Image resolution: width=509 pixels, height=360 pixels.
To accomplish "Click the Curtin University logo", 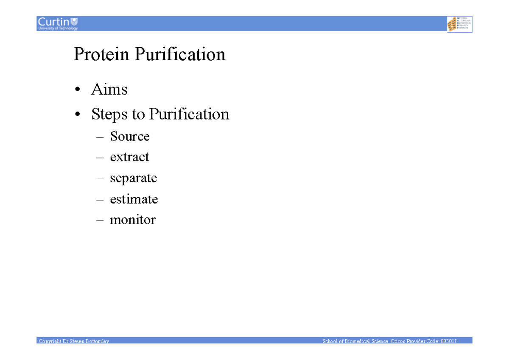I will (58, 23).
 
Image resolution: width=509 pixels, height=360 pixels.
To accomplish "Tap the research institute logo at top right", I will (459, 24).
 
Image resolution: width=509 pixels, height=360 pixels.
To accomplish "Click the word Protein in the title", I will (102, 55).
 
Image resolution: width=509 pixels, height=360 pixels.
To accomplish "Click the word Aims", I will (109, 90).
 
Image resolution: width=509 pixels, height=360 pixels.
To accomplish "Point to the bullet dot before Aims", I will (77, 90).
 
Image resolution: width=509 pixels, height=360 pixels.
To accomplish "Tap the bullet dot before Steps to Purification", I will (77, 115).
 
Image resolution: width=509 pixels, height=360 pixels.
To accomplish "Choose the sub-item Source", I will (130, 136).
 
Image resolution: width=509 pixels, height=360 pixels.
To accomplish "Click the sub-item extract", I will (129, 157).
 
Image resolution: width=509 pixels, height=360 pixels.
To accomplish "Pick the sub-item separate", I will (133, 178).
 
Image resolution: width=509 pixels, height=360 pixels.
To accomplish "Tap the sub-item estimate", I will (134, 199).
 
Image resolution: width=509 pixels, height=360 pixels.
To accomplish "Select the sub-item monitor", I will (133, 219).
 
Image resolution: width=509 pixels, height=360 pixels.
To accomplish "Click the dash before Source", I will (100, 137).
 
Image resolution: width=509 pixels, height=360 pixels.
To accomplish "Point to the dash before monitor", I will (100, 220).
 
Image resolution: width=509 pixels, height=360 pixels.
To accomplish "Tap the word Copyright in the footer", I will (49, 341).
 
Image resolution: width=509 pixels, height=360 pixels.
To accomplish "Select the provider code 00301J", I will (448, 341).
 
